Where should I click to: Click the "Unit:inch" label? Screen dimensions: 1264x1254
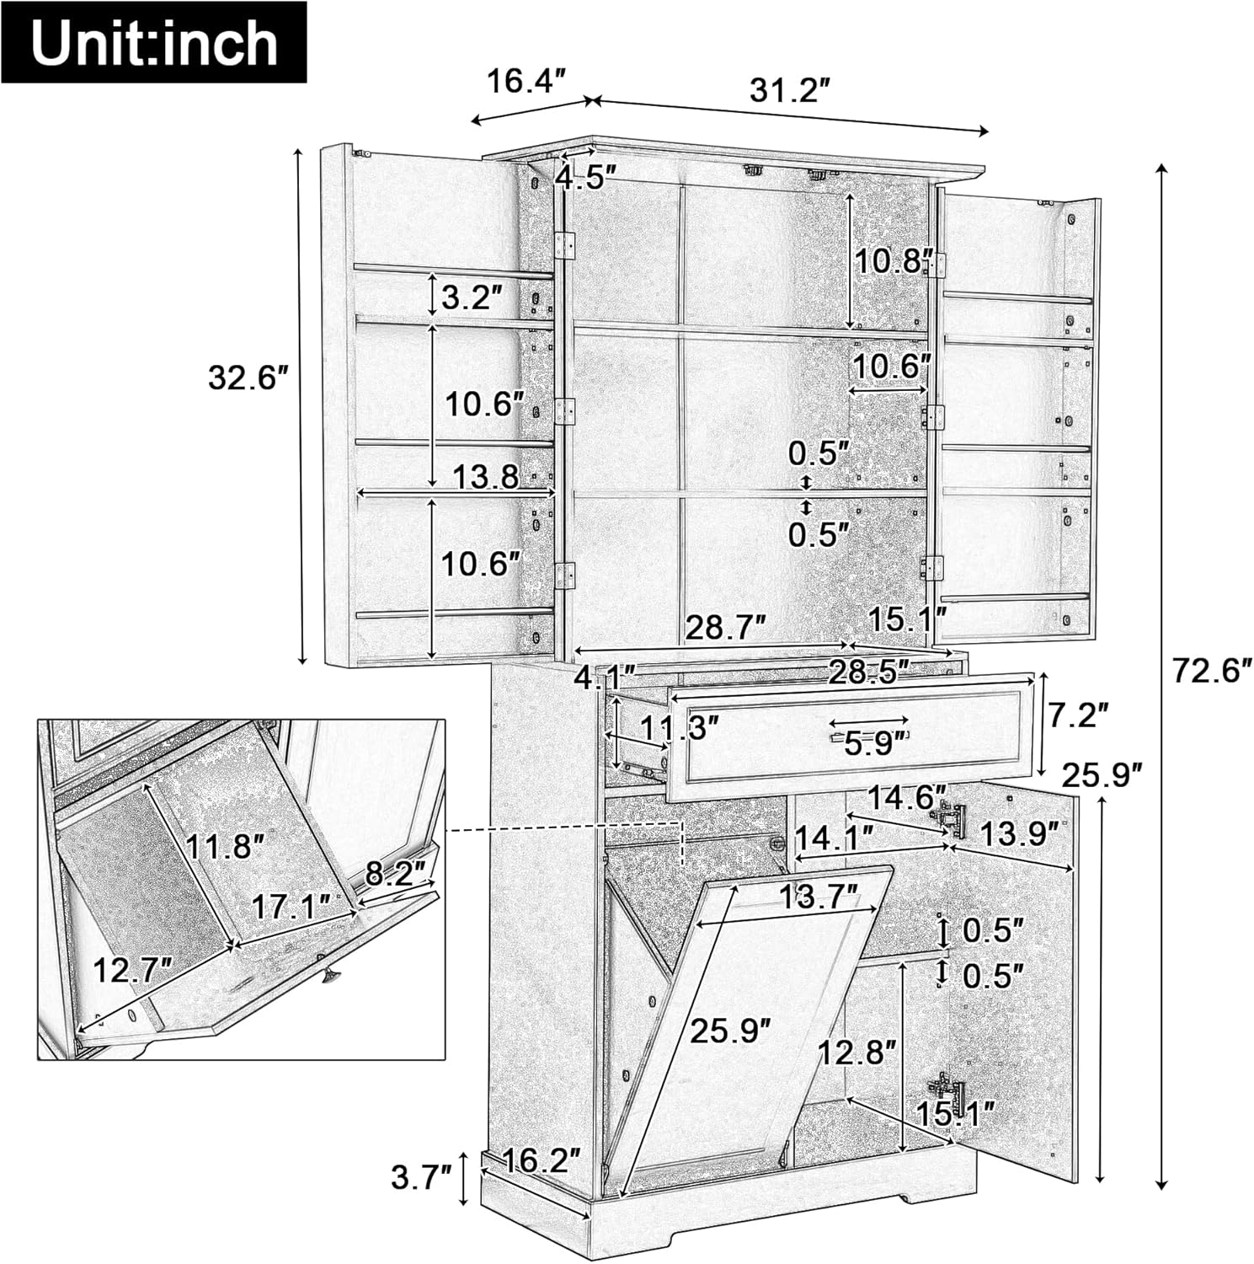(154, 43)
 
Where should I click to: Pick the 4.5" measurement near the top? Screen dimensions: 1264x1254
(586, 178)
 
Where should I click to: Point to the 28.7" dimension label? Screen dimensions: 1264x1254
(726, 627)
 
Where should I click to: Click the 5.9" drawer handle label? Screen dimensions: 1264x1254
(876, 742)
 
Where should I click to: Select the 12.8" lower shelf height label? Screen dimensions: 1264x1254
(857, 1052)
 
